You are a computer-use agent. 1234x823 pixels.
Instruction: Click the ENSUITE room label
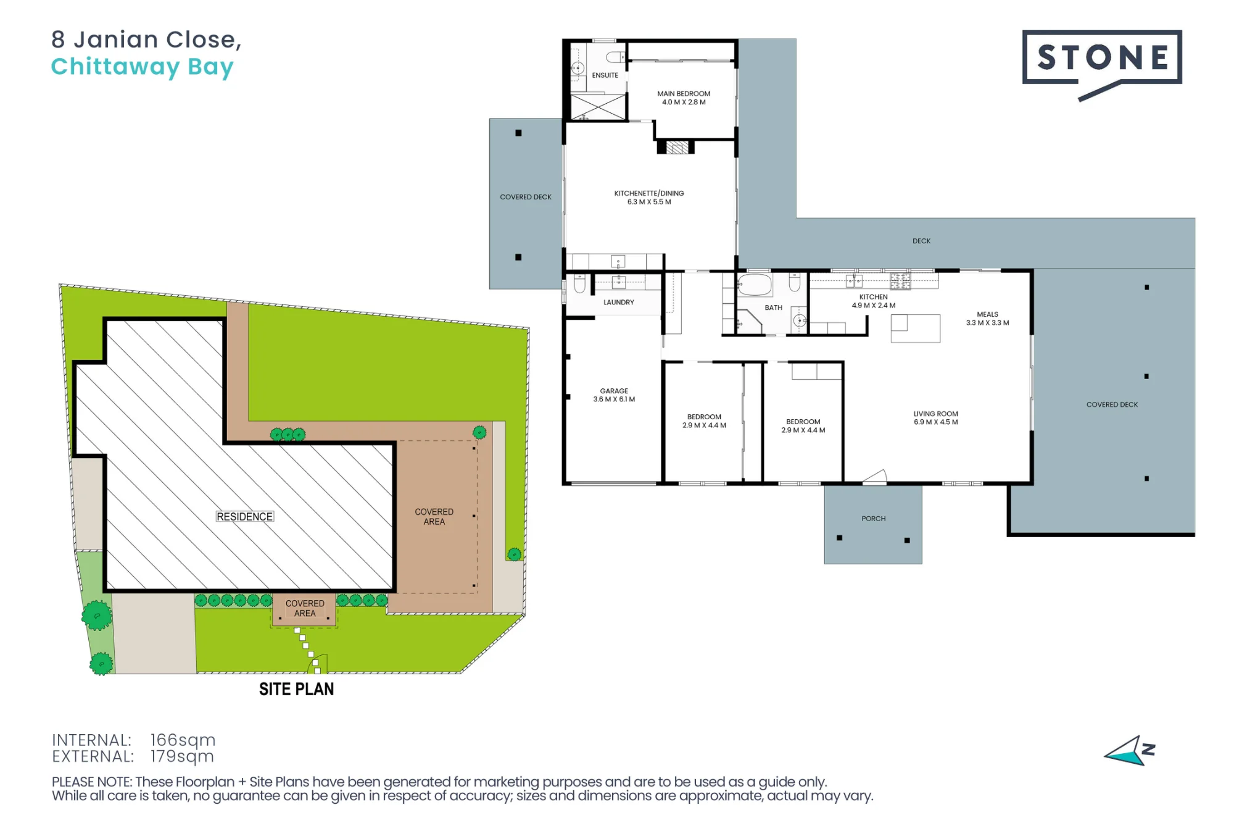[x=605, y=75]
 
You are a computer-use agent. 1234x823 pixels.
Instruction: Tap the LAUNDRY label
[x=619, y=303]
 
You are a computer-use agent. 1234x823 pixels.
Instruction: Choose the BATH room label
[x=774, y=307]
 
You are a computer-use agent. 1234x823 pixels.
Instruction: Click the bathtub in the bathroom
[x=755, y=285]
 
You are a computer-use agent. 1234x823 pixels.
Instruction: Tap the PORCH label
[x=874, y=519]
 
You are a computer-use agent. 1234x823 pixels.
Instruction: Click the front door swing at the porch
[x=875, y=476]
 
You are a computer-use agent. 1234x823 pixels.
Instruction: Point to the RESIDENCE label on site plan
[x=245, y=516]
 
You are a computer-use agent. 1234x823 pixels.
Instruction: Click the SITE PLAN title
[x=296, y=689]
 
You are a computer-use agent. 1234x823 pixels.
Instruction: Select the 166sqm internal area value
[x=183, y=740]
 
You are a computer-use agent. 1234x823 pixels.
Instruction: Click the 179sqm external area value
[x=183, y=756]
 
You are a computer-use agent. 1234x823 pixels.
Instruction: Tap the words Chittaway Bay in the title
[x=143, y=67]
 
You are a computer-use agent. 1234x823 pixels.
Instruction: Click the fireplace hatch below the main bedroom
[x=677, y=148]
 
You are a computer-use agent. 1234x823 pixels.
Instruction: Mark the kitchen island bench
[x=916, y=328]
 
